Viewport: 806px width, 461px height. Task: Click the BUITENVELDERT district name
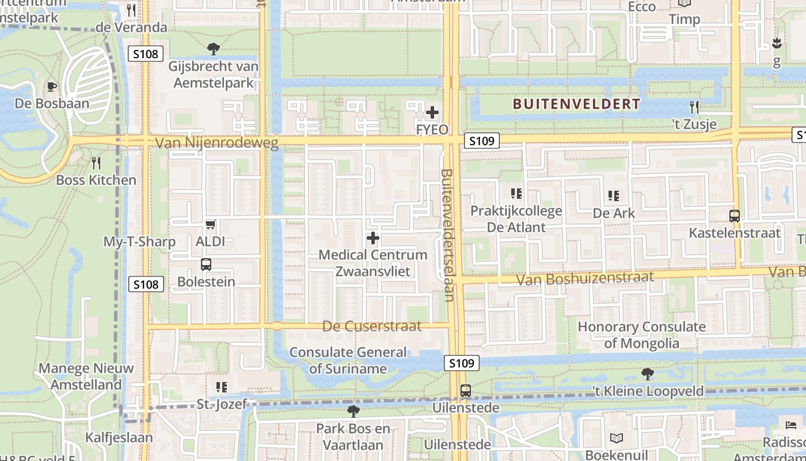coord(576,104)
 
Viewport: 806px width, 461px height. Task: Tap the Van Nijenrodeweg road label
coord(217,143)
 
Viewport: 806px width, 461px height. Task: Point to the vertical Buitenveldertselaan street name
coord(448,235)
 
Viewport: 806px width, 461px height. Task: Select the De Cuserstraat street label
coord(372,326)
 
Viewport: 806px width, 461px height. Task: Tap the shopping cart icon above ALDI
coord(211,224)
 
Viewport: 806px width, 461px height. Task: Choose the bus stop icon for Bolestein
coord(206,264)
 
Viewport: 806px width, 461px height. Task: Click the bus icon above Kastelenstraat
coord(735,216)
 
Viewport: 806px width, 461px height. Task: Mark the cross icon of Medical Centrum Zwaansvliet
coord(373,237)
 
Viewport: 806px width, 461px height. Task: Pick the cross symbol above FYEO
coord(432,112)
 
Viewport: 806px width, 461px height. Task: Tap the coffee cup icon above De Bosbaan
coord(52,87)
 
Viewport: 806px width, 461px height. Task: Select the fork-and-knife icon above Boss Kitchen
coord(96,163)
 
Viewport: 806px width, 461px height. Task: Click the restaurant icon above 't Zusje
coord(694,107)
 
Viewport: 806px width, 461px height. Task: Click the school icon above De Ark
coord(614,196)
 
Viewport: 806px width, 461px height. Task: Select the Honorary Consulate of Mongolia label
coord(641,335)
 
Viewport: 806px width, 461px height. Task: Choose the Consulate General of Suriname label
coord(348,360)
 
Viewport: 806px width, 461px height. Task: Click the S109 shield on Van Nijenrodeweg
coord(481,141)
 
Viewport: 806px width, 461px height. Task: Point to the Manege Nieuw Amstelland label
coord(86,376)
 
